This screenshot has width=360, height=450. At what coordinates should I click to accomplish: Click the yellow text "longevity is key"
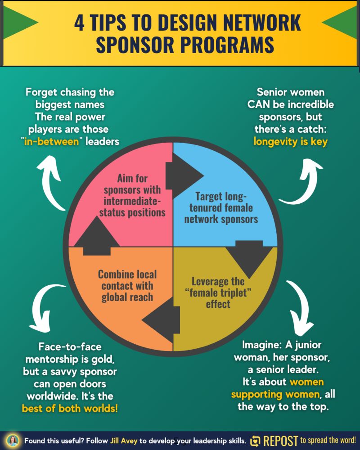point(290,142)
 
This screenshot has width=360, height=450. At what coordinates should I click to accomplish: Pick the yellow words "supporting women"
point(275,395)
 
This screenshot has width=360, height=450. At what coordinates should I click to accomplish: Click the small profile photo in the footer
point(13,441)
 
